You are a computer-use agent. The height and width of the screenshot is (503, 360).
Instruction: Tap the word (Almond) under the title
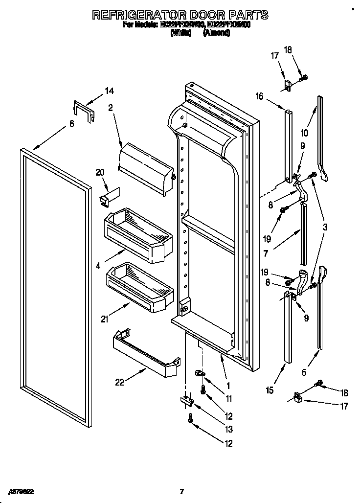click(x=216, y=33)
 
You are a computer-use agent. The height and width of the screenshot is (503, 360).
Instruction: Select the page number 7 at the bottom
click(x=181, y=491)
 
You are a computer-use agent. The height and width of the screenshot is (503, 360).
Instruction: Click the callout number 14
click(x=109, y=91)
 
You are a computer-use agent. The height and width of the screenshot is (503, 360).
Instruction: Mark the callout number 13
click(x=229, y=429)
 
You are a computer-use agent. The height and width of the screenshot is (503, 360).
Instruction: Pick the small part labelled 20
click(x=108, y=196)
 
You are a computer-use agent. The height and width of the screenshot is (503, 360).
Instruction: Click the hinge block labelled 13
click(x=187, y=401)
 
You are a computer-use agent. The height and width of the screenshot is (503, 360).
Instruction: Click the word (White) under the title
click(x=180, y=33)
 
